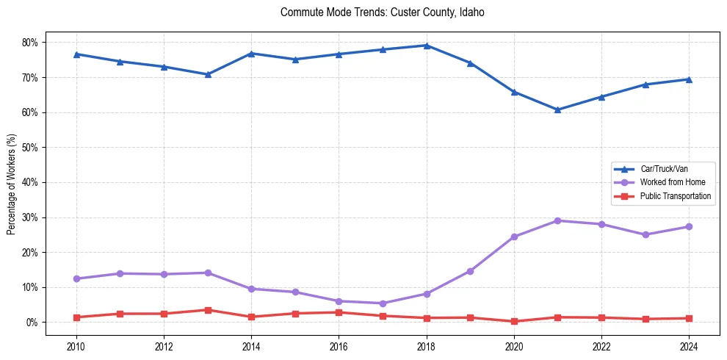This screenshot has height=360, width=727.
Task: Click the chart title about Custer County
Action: pyautogui.click(x=382, y=12)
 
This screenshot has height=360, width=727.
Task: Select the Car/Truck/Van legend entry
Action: pyautogui.click(x=663, y=169)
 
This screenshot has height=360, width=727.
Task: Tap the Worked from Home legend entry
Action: pyautogui.click(x=672, y=182)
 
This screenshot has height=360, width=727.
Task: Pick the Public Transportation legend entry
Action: pyautogui.click(x=675, y=196)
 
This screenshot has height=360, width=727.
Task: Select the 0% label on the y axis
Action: pyautogui.click(x=32, y=323)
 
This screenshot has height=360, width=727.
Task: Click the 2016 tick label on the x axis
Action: pyautogui.click(x=339, y=345)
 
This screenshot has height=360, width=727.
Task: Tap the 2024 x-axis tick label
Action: pyautogui.click(x=689, y=345)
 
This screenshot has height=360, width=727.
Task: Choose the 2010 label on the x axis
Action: pyautogui.click(x=76, y=345)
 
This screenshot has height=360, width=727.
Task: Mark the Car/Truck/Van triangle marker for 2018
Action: pyautogui.click(x=427, y=46)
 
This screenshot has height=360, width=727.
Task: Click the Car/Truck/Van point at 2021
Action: pyautogui.click(x=557, y=109)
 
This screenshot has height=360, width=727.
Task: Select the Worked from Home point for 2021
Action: pyautogui.click(x=557, y=220)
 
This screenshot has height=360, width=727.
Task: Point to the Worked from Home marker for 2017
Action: pyautogui.click(x=383, y=303)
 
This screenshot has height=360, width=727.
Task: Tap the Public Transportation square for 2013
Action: pyautogui.click(x=208, y=310)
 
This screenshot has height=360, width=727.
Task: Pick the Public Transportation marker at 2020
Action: pyautogui.click(x=514, y=321)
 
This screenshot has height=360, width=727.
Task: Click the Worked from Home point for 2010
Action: pyautogui.click(x=76, y=278)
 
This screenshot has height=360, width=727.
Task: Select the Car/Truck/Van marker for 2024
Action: pyautogui.click(x=689, y=79)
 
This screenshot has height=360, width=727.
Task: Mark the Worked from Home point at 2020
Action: pyautogui.click(x=514, y=237)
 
